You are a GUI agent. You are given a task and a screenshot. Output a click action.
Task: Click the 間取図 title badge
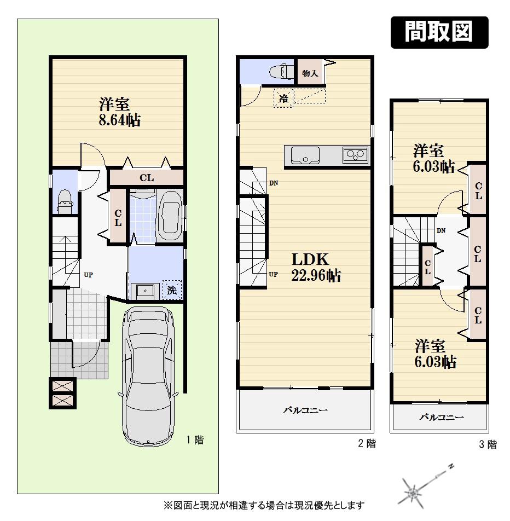(439, 33)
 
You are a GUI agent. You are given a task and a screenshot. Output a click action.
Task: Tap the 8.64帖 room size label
(119, 120)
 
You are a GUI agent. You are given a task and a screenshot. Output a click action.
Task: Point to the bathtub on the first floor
(170, 216)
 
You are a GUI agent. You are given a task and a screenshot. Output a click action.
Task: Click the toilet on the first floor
(65, 201)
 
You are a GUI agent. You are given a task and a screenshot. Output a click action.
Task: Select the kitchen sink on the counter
(305, 156)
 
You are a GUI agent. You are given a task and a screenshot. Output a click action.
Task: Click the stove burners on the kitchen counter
(355, 155)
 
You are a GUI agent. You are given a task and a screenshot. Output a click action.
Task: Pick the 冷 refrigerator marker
(283, 99)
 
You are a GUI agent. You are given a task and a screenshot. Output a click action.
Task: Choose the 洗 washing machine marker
(172, 291)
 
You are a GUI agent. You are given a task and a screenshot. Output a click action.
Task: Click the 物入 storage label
(310, 73)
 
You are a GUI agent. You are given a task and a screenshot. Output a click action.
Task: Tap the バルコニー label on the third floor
(441, 418)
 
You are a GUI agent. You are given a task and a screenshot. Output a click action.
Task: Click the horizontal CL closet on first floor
(146, 178)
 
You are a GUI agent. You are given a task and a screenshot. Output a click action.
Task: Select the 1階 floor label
(195, 439)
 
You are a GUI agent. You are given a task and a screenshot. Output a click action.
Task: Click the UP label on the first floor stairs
(88, 275)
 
